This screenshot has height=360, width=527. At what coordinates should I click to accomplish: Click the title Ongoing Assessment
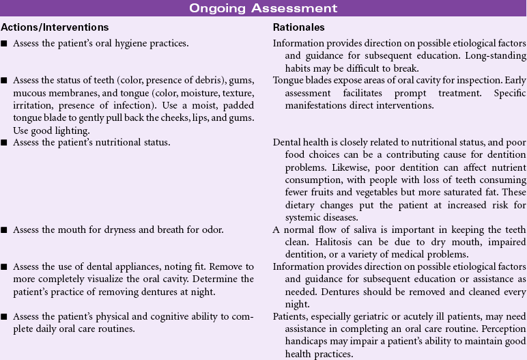tap(263, 8)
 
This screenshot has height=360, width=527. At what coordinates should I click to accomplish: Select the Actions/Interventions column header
tap(55, 27)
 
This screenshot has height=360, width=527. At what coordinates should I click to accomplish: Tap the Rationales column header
tap(298, 27)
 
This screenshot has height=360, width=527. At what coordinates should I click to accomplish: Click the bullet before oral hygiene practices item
tap(4, 44)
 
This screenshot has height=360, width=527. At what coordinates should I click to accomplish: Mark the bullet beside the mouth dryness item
tap(4, 230)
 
